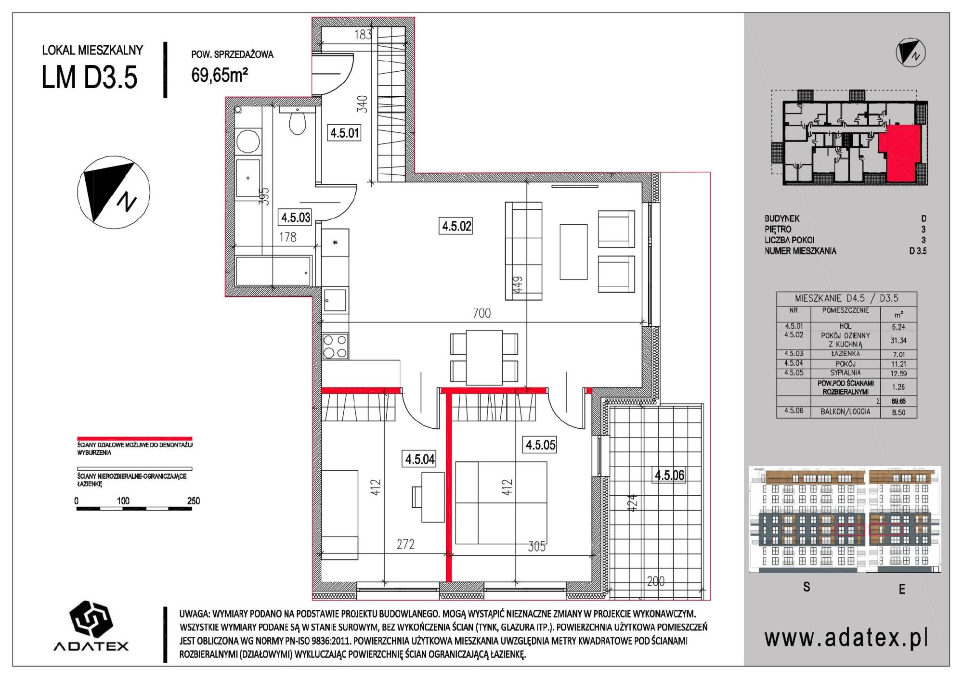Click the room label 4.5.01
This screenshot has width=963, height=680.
345,132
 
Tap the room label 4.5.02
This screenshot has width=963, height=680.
456,225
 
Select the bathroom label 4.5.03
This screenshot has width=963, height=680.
296,217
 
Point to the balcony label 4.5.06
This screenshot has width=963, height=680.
669,475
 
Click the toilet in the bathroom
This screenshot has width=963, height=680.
297,122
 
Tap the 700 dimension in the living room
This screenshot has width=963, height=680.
481,313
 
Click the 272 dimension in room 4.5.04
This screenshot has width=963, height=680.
405,544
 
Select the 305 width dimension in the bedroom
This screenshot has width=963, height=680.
536,546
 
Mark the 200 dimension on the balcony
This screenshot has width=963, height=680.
656,581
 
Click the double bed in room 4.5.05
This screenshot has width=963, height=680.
501,502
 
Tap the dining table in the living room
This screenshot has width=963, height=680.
484,358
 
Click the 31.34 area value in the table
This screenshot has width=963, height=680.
898,340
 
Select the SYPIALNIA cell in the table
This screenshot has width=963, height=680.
846,373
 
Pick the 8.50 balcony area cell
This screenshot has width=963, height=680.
898,412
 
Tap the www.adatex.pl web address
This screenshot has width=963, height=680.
846,639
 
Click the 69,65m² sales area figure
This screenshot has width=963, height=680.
220,75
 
